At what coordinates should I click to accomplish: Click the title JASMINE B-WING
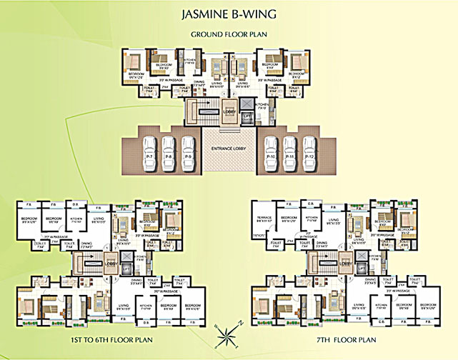(228, 14)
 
